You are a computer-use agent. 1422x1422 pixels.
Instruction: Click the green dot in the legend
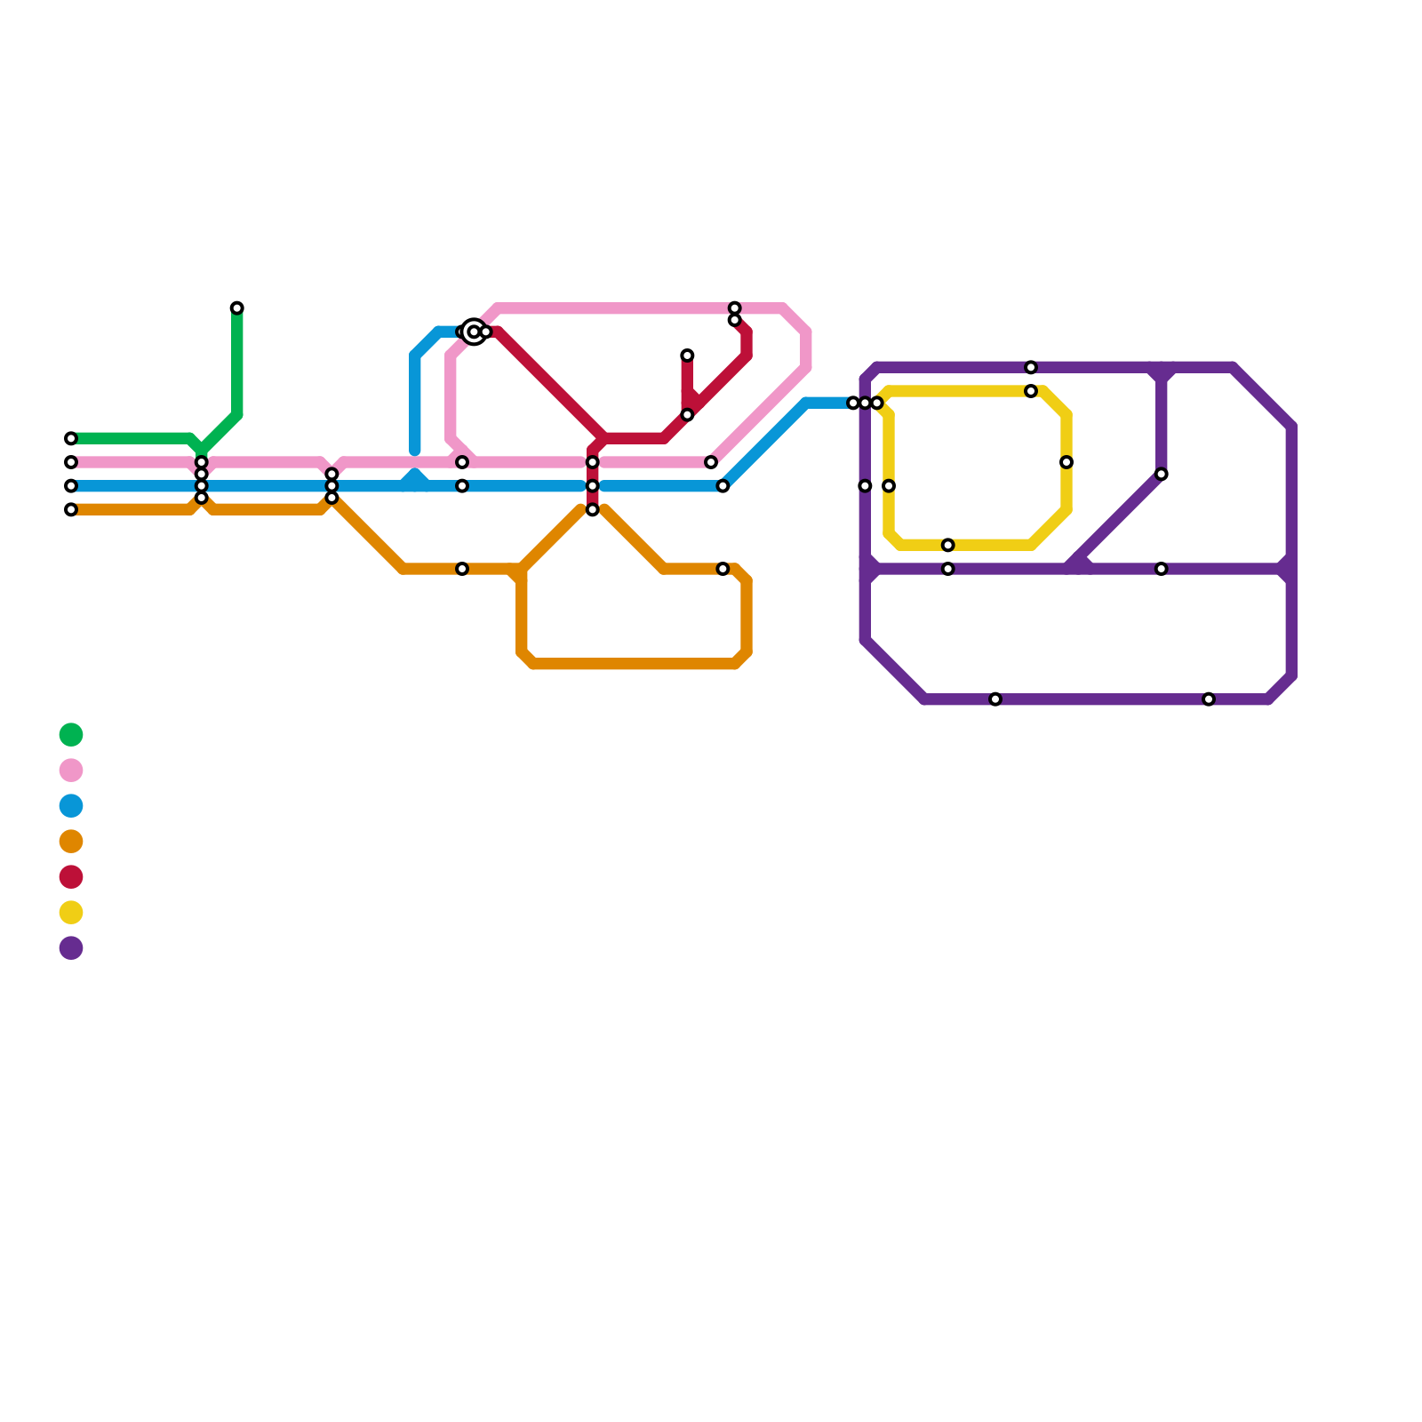point(71,735)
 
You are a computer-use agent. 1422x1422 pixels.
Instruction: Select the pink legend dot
point(71,770)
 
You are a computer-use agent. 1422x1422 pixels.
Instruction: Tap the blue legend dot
point(71,806)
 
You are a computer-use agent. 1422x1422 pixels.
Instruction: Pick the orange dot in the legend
point(71,841)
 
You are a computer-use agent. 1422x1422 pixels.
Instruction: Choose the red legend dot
point(71,877)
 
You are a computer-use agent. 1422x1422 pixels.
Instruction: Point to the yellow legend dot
point(71,912)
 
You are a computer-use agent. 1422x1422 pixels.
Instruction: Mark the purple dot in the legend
point(71,948)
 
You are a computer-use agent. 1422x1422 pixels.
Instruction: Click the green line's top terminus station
point(236,308)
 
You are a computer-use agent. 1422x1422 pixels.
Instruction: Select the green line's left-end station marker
point(71,439)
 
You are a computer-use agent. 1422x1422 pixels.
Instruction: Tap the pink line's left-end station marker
point(71,462)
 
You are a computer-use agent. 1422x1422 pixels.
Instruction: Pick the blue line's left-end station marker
point(71,486)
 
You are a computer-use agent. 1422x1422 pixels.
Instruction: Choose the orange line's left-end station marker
point(71,510)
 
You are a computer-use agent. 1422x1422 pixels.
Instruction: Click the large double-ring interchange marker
point(474,332)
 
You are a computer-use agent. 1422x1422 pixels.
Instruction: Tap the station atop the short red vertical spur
point(687,355)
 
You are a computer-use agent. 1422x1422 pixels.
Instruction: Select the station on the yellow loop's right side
point(1066,462)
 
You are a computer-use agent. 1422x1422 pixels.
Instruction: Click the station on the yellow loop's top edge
point(1031,391)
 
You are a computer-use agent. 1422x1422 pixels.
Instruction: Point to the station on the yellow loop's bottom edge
point(948,545)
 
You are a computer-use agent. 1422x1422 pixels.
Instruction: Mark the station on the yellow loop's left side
point(889,486)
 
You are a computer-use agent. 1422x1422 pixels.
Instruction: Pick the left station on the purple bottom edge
point(995,699)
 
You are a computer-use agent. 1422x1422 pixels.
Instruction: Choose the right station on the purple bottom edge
point(1209,699)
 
